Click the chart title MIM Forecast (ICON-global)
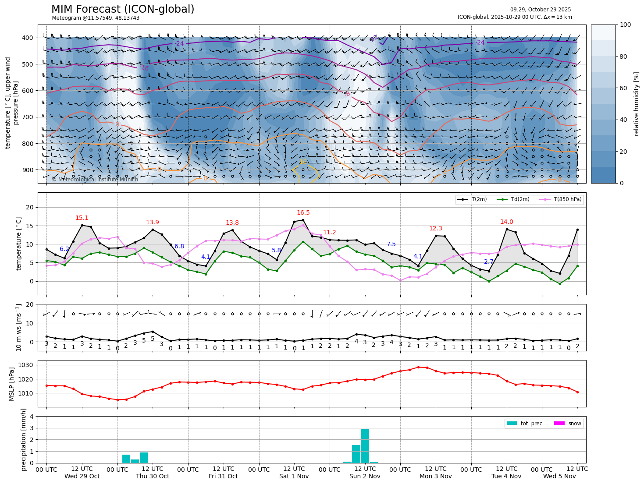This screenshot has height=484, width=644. [x=123, y=9]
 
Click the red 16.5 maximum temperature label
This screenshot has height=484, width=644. [x=303, y=213]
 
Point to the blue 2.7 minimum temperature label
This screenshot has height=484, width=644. [x=489, y=261]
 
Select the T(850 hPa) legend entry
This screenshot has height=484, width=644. [x=567, y=200]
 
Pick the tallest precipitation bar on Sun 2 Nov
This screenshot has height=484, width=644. [x=365, y=445]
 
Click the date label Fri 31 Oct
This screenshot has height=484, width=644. [x=223, y=476]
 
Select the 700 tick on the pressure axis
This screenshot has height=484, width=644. [x=27, y=117]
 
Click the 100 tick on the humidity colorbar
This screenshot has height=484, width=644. [x=626, y=25]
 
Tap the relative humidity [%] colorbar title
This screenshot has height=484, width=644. [x=636, y=104]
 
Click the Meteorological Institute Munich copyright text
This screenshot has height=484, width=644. [x=95, y=180]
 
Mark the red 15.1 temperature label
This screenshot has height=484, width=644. [x=82, y=218]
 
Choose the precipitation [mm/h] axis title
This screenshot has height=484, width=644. [x=24, y=439]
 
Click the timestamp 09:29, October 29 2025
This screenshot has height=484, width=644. [x=541, y=10]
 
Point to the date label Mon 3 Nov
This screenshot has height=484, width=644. [x=435, y=476]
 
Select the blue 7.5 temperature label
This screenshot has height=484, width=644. [x=391, y=244]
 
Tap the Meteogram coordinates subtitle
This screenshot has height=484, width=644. [x=96, y=18]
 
